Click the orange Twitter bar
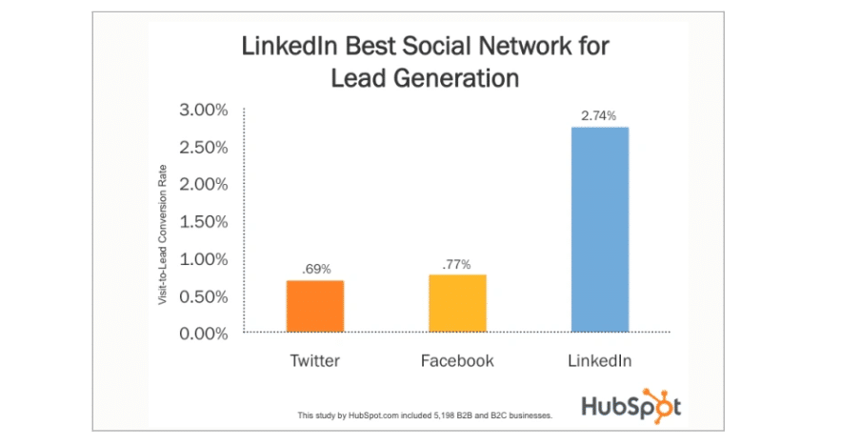[x=314, y=306]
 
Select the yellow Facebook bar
[x=457, y=303]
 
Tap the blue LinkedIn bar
[x=600, y=229]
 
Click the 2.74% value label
[x=600, y=115]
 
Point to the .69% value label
[x=315, y=269]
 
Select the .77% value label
[x=457, y=263]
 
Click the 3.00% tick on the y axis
[x=204, y=111]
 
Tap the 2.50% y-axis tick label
[x=204, y=148]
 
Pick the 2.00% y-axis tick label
[x=204, y=185]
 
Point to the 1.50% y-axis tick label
[x=204, y=222]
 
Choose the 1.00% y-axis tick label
[x=204, y=259]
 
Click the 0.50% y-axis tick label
[x=204, y=296]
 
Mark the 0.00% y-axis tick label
[x=204, y=334]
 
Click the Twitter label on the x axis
[x=314, y=361]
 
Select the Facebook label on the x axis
[x=457, y=361]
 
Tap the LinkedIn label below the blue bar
[x=600, y=361]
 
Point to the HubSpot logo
[x=632, y=406]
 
